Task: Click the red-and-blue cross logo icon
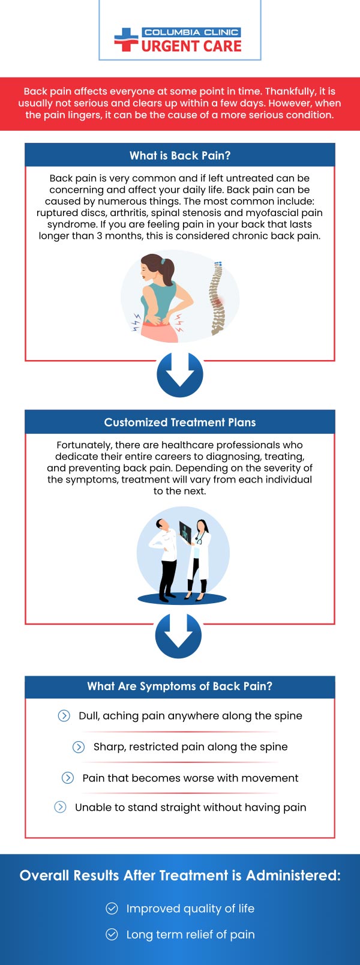[x=126, y=40]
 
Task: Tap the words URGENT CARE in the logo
[x=191, y=46]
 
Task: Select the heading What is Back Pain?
[x=180, y=155]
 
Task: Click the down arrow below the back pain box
[x=180, y=374]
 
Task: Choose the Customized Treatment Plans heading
[x=180, y=422]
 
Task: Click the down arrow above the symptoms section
[x=178, y=636]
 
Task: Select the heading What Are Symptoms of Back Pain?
[x=180, y=687]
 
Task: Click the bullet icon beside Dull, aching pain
[x=64, y=715]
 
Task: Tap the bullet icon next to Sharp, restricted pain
[x=79, y=747]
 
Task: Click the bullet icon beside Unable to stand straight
[x=60, y=807]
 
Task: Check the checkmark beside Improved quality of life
[x=112, y=909]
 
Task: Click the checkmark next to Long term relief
[x=112, y=934]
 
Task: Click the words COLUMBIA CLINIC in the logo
[x=191, y=32]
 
